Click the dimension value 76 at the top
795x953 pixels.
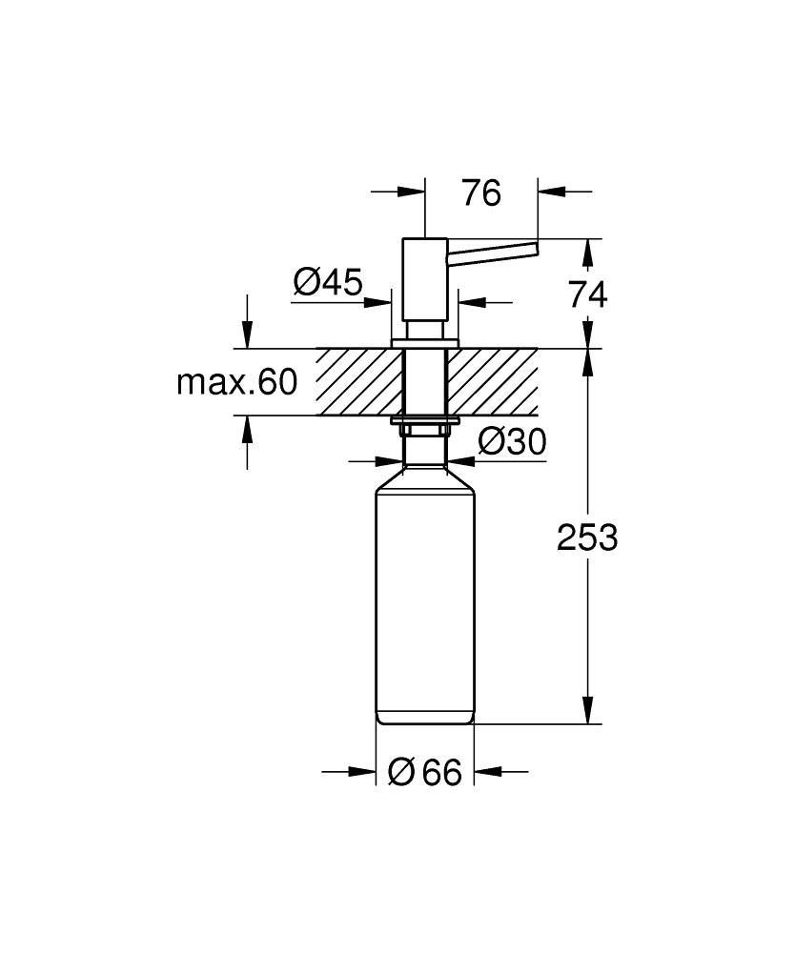pyautogui.click(x=481, y=193)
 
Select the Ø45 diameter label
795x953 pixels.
pyautogui.click(x=327, y=282)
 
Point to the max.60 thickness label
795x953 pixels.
pyautogui.click(x=237, y=383)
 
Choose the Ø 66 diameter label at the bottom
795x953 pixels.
pyautogui.click(x=425, y=773)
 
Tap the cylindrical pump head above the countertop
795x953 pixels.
pyautogui.click(x=424, y=281)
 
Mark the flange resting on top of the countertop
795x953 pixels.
pyautogui.click(x=425, y=341)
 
